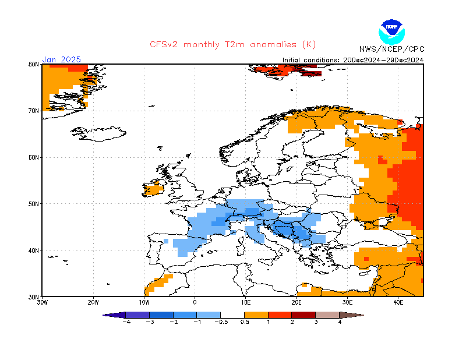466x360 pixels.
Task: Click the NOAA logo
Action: [391, 30]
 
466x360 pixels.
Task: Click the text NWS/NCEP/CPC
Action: [391, 49]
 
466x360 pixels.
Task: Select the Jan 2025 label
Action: [61, 59]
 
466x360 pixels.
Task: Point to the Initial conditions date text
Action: [353, 59]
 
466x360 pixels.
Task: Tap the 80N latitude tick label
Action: [33, 64]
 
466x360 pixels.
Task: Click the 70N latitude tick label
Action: [33, 111]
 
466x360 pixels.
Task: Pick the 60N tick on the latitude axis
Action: [33, 157]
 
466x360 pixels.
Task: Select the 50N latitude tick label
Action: [33, 204]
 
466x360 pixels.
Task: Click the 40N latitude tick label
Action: [33, 250]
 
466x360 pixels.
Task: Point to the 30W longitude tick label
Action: [43, 303]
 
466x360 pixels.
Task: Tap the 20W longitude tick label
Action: [93, 303]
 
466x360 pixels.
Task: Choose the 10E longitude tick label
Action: [246, 303]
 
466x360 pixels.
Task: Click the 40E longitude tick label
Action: [398, 303]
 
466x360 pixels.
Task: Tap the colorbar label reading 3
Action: [316, 322]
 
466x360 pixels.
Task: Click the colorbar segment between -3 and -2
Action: [161, 315]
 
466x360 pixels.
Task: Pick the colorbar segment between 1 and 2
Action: [280, 315]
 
